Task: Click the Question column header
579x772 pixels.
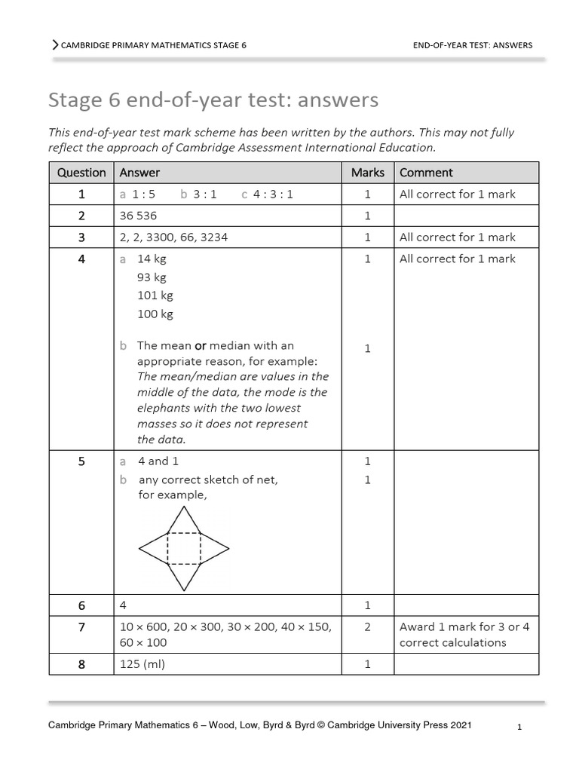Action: pos(81,173)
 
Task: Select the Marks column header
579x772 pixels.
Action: pos(367,173)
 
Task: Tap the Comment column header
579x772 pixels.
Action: pos(426,173)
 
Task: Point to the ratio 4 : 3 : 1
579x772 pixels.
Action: pos(273,195)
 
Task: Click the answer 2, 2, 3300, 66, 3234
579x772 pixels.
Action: pos(173,237)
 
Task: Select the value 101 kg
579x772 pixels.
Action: pos(155,296)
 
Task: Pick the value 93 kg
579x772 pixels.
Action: pos(152,277)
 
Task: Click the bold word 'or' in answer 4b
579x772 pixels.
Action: pos(201,346)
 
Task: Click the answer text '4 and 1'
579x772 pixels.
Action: pos(158,461)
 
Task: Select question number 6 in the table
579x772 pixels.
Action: pos(81,605)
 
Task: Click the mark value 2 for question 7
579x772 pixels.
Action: pos(367,626)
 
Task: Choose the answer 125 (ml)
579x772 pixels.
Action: pos(143,664)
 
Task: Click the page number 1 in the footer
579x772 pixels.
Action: pos(520,728)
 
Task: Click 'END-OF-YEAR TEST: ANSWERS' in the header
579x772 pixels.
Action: pos(473,45)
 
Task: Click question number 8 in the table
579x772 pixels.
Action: pos(81,664)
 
